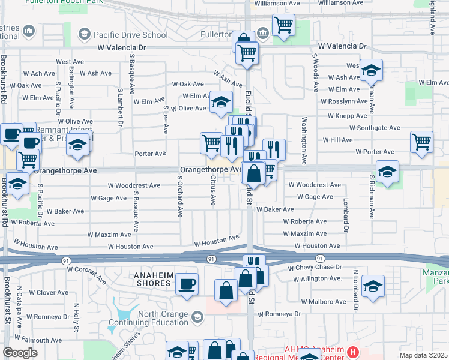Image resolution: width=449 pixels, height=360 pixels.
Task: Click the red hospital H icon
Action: coord(353,352)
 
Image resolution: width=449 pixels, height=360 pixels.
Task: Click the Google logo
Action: coord(20,353)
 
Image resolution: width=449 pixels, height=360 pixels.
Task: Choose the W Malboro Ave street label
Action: coord(325,302)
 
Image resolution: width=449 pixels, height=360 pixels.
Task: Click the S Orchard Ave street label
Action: coord(179,196)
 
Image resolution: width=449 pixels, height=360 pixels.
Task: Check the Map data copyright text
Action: coord(423,355)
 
